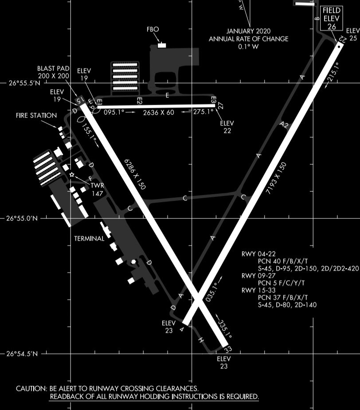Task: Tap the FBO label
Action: [x=153, y=30]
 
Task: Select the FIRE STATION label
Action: [x=36, y=116]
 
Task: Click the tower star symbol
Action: [x=72, y=175]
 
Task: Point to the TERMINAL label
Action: [x=89, y=238]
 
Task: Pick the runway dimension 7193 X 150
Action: [x=277, y=179]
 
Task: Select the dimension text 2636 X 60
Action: [x=158, y=113]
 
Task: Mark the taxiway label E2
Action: [x=139, y=101]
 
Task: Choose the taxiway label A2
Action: [x=285, y=125]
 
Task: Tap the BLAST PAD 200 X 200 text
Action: [x=53, y=72]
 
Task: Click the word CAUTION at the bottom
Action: [x=31, y=389]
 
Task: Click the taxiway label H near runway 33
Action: [x=200, y=340]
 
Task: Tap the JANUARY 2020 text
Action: [x=248, y=31]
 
